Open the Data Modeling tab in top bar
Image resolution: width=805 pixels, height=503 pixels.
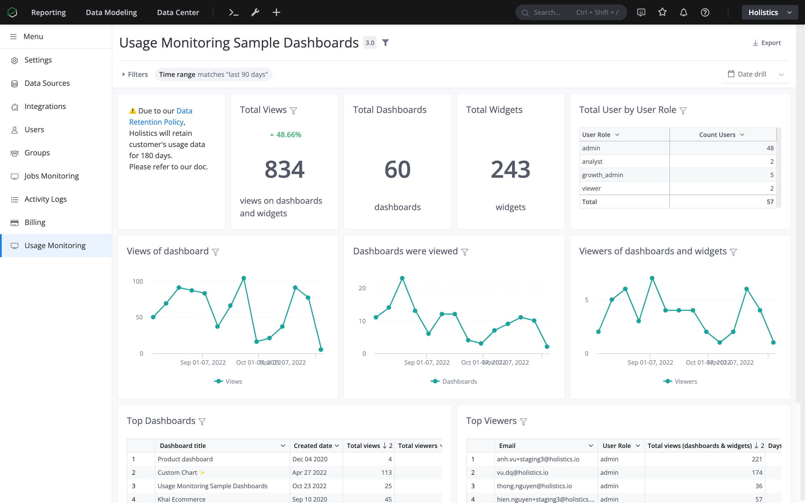pyautogui.click(x=111, y=12)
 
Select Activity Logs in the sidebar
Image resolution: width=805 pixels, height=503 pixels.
pyautogui.click(x=46, y=199)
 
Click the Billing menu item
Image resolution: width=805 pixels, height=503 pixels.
pyautogui.click(x=35, y=222)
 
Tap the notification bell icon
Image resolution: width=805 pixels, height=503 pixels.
pyautogui.click(x=683, y=12)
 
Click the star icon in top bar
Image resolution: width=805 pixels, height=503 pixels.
pyautogui.click(x=662, y=12)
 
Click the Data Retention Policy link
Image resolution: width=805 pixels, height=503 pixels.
pyautogui.click(x=160, y=117)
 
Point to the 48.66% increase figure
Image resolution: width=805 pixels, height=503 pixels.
pyautogui.click(x=288, y=135)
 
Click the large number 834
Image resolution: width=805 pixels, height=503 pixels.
pyautogui.click(x=285, y=169)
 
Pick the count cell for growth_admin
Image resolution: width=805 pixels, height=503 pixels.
pyautogui.click(x=723, y=175)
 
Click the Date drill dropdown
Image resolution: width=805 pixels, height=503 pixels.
pyautogui.click(x=755, y=74)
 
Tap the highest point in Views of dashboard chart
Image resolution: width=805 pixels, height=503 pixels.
pyautogui.click(x=243, y=278)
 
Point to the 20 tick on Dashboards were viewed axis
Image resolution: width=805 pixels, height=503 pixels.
pyautogui.click(x=362, y=288)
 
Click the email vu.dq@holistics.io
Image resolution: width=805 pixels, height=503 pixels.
pyautogui.click(x=522, y=472)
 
